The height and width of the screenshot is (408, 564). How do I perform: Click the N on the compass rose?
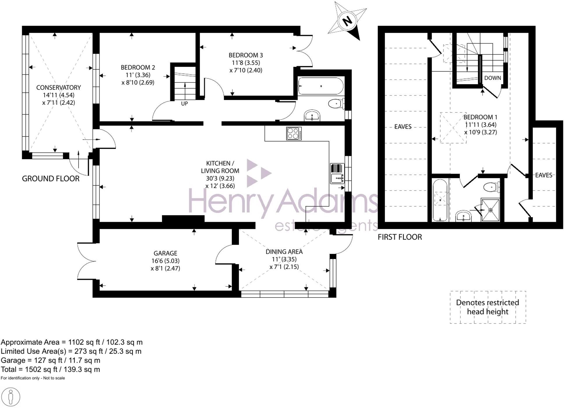[347, 21]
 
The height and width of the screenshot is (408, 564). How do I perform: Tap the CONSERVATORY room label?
[59, 87]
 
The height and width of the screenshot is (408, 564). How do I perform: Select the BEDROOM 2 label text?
[138, 67]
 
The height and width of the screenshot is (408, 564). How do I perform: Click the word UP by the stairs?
[184, 103]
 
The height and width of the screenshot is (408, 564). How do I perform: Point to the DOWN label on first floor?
[493, 78]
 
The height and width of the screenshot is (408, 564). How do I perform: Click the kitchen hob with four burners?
[294, 133]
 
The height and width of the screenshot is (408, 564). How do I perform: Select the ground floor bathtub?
[321, 86]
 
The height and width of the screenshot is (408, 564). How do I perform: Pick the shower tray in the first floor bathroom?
[490, 210]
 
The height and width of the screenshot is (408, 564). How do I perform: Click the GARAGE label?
[165, 253]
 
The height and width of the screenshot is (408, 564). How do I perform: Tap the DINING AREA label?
[284, 252]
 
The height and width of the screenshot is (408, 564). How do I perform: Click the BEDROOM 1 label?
[480, 117]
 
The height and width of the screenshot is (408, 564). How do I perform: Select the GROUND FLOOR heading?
[51, 179]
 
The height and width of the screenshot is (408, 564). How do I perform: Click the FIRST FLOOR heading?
[400, 237]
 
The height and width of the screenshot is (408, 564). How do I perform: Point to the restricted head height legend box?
[488, 307]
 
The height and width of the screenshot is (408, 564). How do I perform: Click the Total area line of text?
[50, 370]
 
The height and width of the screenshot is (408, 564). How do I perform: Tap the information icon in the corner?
[10, 397]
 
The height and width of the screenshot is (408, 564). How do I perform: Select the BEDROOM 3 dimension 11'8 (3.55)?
[246, 63]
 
